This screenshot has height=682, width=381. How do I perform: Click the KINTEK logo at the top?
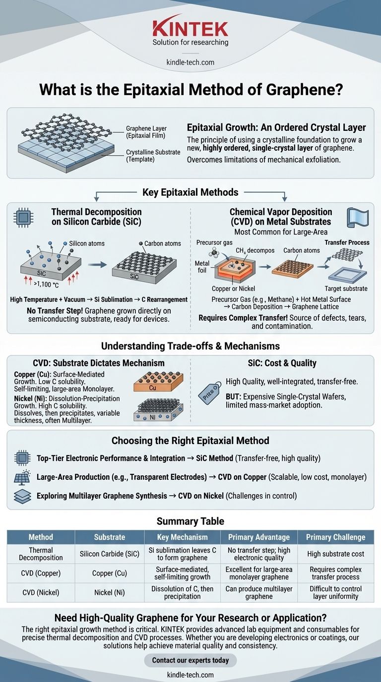click(190, 28)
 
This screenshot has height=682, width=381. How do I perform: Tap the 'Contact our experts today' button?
click(190, 660)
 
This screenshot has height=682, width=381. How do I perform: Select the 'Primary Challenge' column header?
click(335, 537)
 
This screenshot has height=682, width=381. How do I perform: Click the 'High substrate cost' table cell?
click(335, 554)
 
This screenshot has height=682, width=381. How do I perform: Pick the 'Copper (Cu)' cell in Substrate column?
click(110, 573)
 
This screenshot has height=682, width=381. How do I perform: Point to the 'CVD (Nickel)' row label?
click(41, 592)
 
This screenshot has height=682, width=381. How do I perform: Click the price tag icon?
click(210, 394)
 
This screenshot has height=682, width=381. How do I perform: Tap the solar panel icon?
click(22, 477)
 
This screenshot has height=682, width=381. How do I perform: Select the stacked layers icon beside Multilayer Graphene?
click(22, 496)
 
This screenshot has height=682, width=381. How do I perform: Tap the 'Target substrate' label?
click(346, 288)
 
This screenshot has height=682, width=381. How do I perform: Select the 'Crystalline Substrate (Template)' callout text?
click(153, 155)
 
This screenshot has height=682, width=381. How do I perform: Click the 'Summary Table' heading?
click(190, 521)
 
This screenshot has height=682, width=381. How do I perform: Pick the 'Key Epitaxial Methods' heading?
click(190, 192)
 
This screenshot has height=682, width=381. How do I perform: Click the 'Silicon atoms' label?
click(86, 243)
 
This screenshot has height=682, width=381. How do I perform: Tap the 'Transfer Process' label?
click(347, 242)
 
